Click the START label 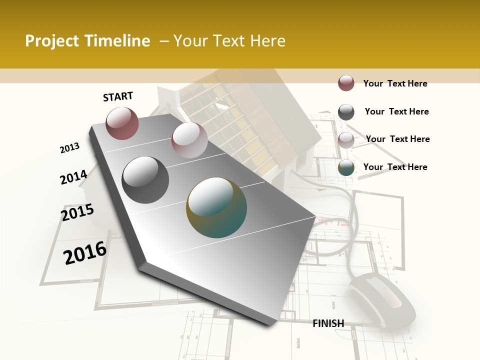pos(118,96)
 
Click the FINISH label pos(328,323)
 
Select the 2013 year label pos(69,148)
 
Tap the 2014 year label pos(73,177)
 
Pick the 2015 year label pos(77,212)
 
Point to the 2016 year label pos(85,252)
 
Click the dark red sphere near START pos(122,123)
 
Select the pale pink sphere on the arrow pos(189,140)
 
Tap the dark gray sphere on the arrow pos(145,180)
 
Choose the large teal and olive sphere pos(216,207)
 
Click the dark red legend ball pos(346,83)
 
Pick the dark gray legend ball pos(346,112)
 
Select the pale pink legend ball pos(346,140)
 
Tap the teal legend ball pos(346,167)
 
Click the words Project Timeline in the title pos(87,41)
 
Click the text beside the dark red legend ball pos(395,83)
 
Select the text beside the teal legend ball pos(395,167)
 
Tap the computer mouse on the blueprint pos(382,300)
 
